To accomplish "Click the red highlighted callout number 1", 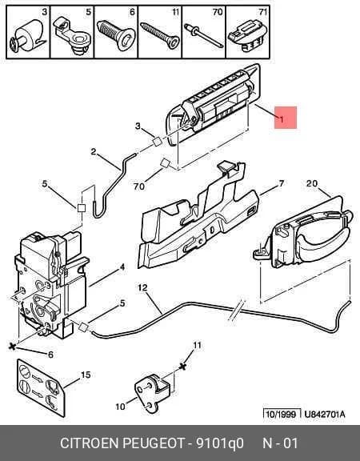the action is pyautogui.click(x=282, y=119).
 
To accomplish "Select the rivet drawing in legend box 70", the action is pyautogui.click(x=204, y=35).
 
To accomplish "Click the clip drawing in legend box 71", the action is pyautogui.click(x=248, y=35).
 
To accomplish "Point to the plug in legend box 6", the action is pyautogui.click(x=116, y=35).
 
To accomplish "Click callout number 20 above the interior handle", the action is pyautogui.click(x=312, y=183).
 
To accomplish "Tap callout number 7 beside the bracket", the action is pyautogui.click(x=282, y=183).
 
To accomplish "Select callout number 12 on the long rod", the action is pyautogui.click(x=142, y=287).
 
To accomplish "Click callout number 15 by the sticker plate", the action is pyautogui.click(x=86, y=375).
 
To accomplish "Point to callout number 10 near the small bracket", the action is pyautogui.click(x=121, y=407).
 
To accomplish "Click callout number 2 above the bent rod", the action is pyautogui.click(x=94, y=152).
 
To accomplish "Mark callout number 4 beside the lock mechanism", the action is pyautogui.click(x=122, y=267).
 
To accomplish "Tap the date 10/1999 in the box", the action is pyautogui.click(x=281, y=415).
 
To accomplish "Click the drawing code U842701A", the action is pyautogui.click(x=325, y=415).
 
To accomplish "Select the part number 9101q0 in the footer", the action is pyautogui.click(x=220, y=443).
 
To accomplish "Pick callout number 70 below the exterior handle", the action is pyautogui.click(x=139, y=186).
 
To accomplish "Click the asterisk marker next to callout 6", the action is pyautogui.click(x=12, y=347).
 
